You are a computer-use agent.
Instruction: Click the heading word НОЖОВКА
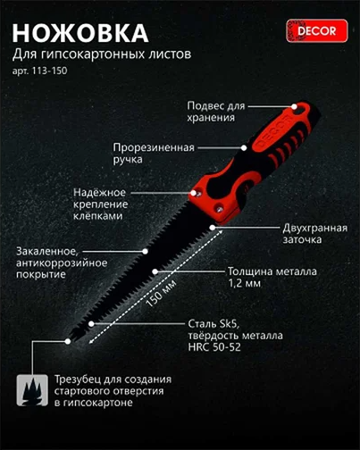80,33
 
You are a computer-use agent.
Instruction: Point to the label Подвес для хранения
213,111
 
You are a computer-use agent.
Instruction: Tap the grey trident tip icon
34,389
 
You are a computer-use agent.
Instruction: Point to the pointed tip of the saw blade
70,339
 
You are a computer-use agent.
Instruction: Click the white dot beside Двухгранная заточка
213,228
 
